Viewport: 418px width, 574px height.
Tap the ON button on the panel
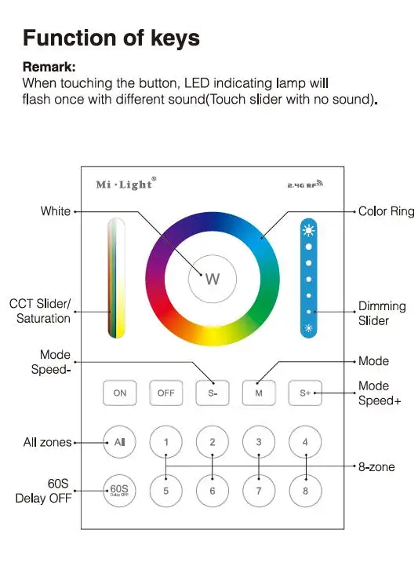coord(119,393)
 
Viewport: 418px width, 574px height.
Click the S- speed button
coord(213,393)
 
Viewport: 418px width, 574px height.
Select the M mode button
coord(259,393)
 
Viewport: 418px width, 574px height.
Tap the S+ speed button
coord(305,393)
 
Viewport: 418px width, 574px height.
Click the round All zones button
coord(119,442)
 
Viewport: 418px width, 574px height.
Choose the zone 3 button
coord(259,442)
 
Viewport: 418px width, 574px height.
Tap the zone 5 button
coord(166,491)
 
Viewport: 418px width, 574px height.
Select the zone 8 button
coord(305,491)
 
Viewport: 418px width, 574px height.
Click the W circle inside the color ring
coord(213,279)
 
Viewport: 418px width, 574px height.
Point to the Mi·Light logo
coord(126,184)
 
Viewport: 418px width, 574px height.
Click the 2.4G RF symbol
coord(305,184)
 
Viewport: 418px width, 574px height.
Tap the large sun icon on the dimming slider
coord(309,230)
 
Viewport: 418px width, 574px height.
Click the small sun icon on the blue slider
coord(309,328)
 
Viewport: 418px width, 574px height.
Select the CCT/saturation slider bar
coord(116,278)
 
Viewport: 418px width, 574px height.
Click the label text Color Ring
coord(386,211)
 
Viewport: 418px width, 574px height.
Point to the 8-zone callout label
coord(376,467)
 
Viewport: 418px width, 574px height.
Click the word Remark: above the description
coord(49,67)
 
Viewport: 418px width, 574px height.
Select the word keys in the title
coord(175,38)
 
